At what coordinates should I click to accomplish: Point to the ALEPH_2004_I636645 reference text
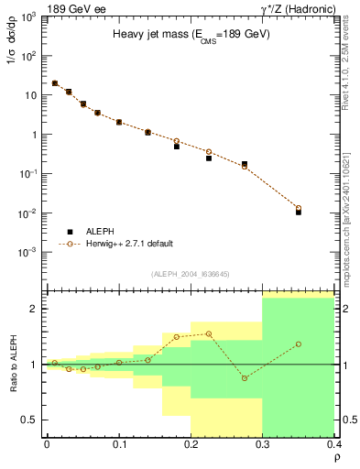point(190,273)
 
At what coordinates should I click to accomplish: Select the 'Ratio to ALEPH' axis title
point(12,364)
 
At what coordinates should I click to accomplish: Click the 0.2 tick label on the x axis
point(191,444)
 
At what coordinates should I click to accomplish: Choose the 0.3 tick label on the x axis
point(263,444)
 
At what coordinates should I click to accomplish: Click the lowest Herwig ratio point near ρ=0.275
point(245,377)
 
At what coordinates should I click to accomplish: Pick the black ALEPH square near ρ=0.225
point(209,158)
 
